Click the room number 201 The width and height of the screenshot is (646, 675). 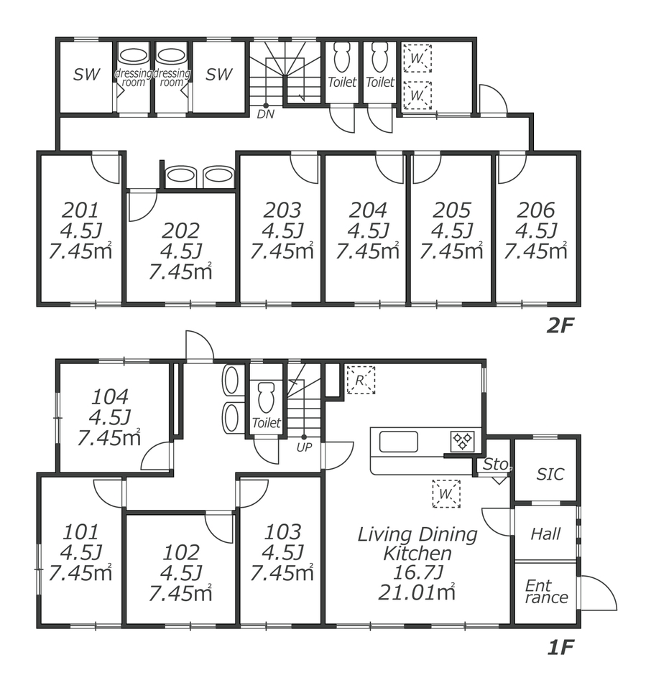80,210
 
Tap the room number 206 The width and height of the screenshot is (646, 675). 536,210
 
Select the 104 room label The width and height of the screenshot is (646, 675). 110,397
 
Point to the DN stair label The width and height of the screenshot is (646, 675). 265,114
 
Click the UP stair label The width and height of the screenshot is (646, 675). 304,447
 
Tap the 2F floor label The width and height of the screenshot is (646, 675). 560,326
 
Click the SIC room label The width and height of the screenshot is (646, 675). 550,475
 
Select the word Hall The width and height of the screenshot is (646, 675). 545,534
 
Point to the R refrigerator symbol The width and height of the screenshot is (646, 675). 361,380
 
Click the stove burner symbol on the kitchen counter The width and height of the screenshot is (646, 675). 463,441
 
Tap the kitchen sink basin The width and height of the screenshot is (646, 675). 398,441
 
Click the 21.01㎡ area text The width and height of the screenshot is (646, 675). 417,592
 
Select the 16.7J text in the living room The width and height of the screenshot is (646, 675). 417,572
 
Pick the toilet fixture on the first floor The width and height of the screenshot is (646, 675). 266,399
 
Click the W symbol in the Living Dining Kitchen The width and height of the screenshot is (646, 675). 446,494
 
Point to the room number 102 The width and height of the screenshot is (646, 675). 181,552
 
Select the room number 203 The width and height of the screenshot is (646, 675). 282,210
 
